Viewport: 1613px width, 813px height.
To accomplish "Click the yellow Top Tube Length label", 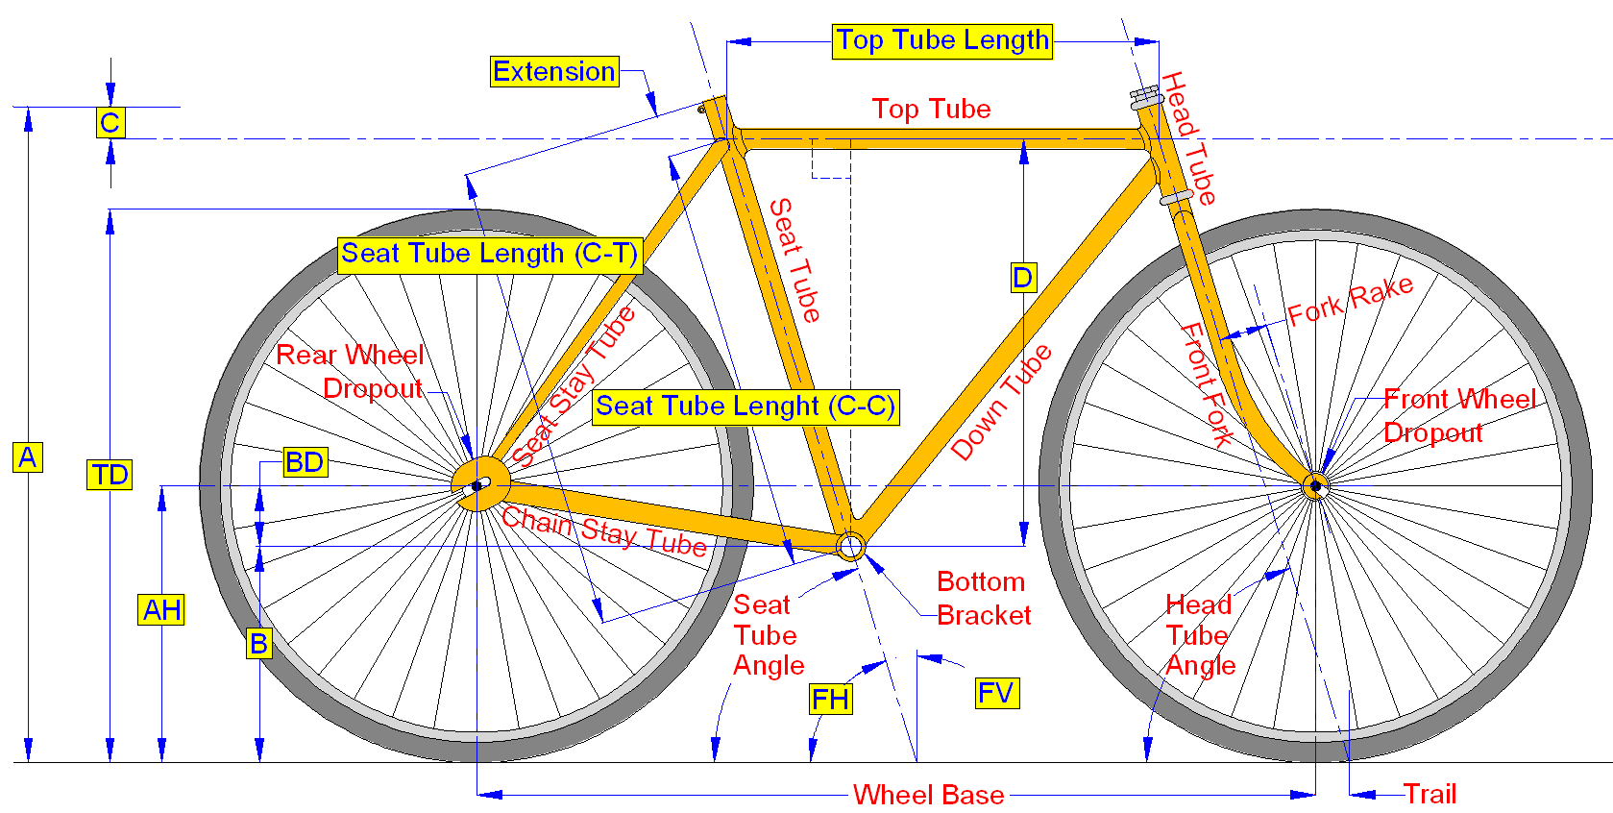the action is pos(941,41).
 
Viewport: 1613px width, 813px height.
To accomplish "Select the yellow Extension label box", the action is pos(554,71).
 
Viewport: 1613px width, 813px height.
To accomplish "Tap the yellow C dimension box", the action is pos(110,122).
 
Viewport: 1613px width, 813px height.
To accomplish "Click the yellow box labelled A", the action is pos(28,457).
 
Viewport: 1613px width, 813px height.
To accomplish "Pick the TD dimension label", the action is pos(110,475).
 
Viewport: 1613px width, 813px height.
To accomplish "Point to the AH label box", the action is pos(161,609).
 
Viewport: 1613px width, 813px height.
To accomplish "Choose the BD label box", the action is pos(305,461).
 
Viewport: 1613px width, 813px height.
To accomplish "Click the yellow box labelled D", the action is pos(1023,277).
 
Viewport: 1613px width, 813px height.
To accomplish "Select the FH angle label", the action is pos(830,699).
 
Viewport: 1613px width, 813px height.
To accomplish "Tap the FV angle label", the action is pos(997,694).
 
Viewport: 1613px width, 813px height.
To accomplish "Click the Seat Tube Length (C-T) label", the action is pos(490,255).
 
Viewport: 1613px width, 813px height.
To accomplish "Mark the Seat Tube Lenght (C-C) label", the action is pos(746,406).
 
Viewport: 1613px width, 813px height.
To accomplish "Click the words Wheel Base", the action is pos(929,795).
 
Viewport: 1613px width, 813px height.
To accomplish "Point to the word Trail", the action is pos(1430,795).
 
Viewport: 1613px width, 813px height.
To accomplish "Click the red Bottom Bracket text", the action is pos(984,599).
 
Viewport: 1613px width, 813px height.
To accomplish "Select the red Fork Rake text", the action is pos(1350,301).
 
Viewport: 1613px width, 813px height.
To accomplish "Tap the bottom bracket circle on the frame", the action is pos(850,546).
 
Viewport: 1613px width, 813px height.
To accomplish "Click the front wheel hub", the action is pos(1315,486).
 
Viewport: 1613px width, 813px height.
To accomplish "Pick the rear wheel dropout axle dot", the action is pos(477,487).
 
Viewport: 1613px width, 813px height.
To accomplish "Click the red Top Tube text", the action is pos(932,109).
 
